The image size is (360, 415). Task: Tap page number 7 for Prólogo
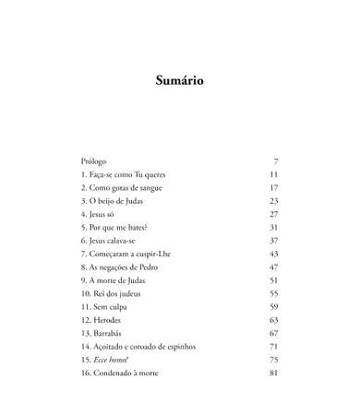pos(275,160)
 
